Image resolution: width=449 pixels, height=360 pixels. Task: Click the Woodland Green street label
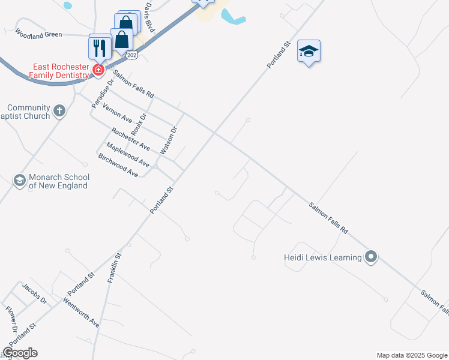coord(38,34)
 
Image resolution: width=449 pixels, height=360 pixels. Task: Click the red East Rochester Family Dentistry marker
coord(97,71)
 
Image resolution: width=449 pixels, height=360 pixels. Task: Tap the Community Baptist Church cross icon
coord(59,110)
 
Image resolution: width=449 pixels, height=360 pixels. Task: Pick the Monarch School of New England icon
coord(19,180)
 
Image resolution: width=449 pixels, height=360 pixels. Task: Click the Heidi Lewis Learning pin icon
coord(371,257)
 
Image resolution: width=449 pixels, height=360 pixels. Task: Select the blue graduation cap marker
coord(309,52)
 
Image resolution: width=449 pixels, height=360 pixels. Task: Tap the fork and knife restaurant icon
coord(100,47)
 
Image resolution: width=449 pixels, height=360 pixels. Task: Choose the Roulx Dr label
coord(139,124)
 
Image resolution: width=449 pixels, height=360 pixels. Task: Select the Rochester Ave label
coord(130,139)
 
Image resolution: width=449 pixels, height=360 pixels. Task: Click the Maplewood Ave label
coord(127,154)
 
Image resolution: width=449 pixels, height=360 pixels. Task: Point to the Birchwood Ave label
coord(118,164)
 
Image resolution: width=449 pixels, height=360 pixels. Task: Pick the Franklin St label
coord(115,268)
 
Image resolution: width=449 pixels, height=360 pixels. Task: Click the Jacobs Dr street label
coord(34,293)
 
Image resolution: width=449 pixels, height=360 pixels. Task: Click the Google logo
coord(20,353)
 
